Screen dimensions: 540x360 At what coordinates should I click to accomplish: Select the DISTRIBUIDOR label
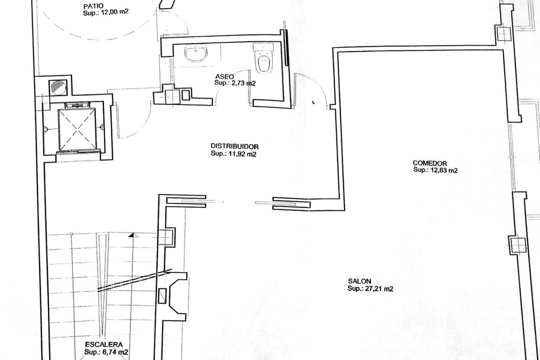pyautogui.click(x=234, y=146)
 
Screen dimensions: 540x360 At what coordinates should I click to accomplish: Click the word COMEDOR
pyautogui.click(x=430, y=163)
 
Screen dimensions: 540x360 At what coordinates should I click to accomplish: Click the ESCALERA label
pyautogui.click(x=104, y=344)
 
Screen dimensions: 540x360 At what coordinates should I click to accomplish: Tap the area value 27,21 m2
pyautogui.click(x=379, y=288)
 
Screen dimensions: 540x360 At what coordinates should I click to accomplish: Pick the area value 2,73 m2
pyautogui.click(x=244, y=83)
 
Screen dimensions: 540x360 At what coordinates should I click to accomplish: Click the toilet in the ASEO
pyautogui.click(x=264, y=58)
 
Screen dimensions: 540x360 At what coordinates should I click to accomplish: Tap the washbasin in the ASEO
pyautogui.click(x=196, y=53)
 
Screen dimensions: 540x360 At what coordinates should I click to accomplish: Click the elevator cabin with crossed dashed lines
pyautogui.click(x=77, y=130)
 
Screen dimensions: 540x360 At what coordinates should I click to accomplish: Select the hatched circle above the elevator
pyautogui.click(x=58, y=88)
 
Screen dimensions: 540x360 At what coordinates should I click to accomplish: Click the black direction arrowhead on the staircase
pyautogui.click(x=132, y=235)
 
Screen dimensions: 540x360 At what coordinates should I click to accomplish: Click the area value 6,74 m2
pyautogui.click(x=115, y=352)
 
